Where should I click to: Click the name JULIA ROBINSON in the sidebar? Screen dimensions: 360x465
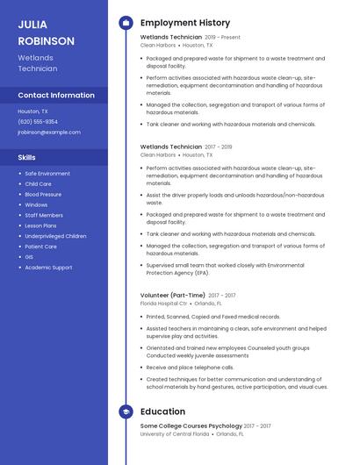[46, 32]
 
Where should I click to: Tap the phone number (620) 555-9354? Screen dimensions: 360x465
[38, 122]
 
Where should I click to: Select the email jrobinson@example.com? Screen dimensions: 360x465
[48, 132]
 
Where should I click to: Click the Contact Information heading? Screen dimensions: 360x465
[56, 95]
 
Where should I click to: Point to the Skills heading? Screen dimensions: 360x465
[26, 157]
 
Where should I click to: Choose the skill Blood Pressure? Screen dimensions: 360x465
[43, 194]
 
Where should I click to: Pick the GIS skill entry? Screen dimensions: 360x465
[29, 257]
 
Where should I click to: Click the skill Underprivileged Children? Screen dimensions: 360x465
[55, 236]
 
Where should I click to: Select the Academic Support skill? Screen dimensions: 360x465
[48, 268]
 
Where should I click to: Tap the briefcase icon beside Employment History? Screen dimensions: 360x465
[125, 23]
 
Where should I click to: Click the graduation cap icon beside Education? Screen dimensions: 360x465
[125, 411]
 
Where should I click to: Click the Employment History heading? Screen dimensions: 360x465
[184, 23]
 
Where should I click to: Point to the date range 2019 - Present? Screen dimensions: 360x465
[222, 38]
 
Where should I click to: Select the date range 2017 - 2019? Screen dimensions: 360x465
[219, 147]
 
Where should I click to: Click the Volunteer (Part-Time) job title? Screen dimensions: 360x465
[173, 295]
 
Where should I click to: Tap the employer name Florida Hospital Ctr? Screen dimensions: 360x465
[164, 303]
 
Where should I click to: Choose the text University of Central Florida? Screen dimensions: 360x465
[175, 433]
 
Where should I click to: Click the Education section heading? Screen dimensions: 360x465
[162, 411]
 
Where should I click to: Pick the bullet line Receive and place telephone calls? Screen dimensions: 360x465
[190, 368]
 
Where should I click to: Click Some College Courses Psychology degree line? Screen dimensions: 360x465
[191, 426]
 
